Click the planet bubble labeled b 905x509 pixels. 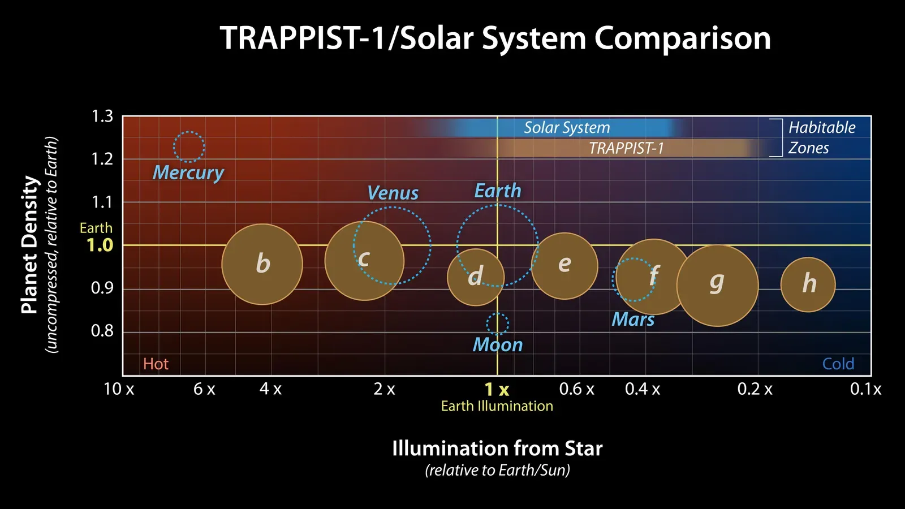pyautogui.click(x=262, y=264)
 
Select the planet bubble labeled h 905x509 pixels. pyautogui.click(x=808, y=284)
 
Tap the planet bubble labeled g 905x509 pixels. pyautogui.click(x=717, y=285)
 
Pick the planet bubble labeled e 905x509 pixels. pyautogui.click(x=564, y=265)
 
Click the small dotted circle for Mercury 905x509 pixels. pyautogui.click(x=189, y=147)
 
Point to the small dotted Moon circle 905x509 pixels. pyautogui.click(x=497, y=324)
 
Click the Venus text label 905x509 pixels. pyautogui.click(x=393, y=193)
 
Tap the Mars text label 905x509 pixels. pyautogui.click(x=633, y=320)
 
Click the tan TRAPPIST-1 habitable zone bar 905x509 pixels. pyautogui.click(x=622, y=148)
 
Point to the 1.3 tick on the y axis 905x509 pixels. pyautogui.click(x=102, y=117)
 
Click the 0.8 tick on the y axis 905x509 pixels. pyautogui.click(x=102, y=331)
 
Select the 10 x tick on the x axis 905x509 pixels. pyautogui.click(x=119, y=389)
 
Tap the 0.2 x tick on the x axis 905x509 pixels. pyautogui.click(x=755, y=389)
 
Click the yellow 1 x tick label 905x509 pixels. pyautogui.click(x=497, y=390)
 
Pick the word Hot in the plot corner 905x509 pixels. pyautogui.click(x=156, y=364)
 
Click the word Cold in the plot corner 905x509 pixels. pyautogui.click(x=838, y=364)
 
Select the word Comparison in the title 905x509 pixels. pyautogui.click(x=682, y=38)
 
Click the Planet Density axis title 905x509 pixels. pyautogui.click(x=30, y=244)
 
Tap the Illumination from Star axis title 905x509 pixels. pyautogui.click(x=497, y=448)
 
